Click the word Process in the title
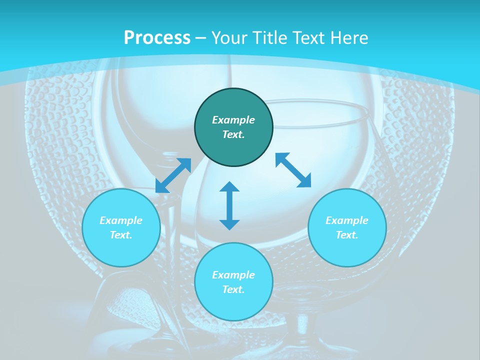(x=157, y=38)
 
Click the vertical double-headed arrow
(x=229, y=205)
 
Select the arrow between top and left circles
(x=173, y=175)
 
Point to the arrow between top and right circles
(x=293, y=170)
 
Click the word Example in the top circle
(x=233, y=120)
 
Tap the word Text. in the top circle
(x=233, y=134)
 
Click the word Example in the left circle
(x=121, y=220)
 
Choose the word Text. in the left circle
(x=121, y=235)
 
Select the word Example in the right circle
(x=347, y=220)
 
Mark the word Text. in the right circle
(x=347, y=235)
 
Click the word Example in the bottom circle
(x=233, y=275)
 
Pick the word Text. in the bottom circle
(x=233, y=289)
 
